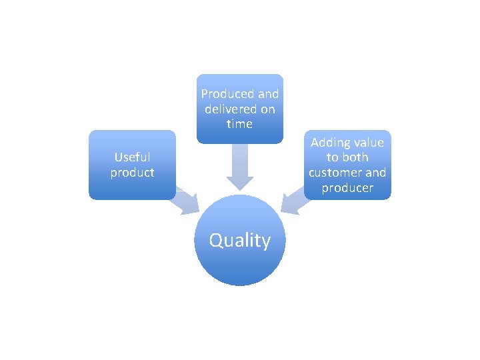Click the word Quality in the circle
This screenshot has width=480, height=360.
(x=240, y=240)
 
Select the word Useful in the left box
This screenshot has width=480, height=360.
(x=132, y=157)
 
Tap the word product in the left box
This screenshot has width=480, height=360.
(x=132, y=173)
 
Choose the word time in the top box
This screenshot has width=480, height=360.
(x=239, y=124)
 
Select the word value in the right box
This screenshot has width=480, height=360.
(x=369, y=143)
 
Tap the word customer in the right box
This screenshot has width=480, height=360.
(x=334, y=173)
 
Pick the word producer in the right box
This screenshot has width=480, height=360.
(x=347, y=188)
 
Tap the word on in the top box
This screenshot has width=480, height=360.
(x=267, y=109)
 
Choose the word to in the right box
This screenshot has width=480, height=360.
(x=333, y=158)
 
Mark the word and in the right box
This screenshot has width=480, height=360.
(x=375, y=173)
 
